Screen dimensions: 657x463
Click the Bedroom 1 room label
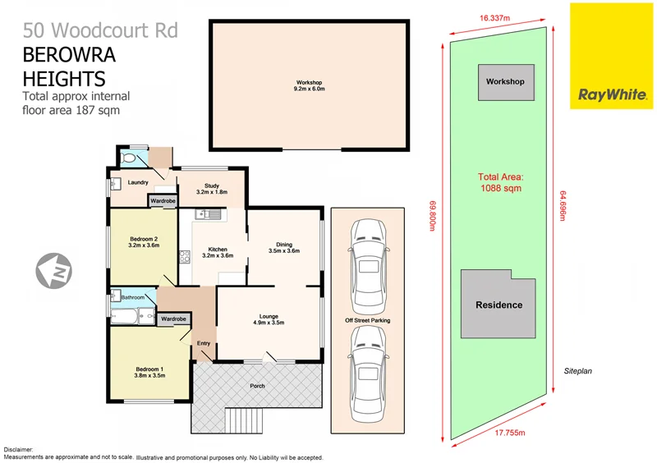pyautogui.click(x=150, y=372)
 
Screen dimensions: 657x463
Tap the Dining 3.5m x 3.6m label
pyautogui.click(x=284, y=248)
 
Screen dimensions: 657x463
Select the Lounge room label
pyautogui.click(x=269, y=319)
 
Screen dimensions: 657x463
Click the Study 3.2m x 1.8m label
pyautogui.click(x=212, y=188)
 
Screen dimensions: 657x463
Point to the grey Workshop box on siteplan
pyautogui.click(x=505, y=83)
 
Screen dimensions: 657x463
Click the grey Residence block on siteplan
pyautogui.click(x=499, y=304)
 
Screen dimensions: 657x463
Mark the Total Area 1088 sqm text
pyautogui.click(x=501, y=181)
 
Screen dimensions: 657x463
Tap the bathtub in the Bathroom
pyautogui.click(x=127, y=314)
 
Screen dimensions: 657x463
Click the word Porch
pyautogui.click(x=256, y=385)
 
